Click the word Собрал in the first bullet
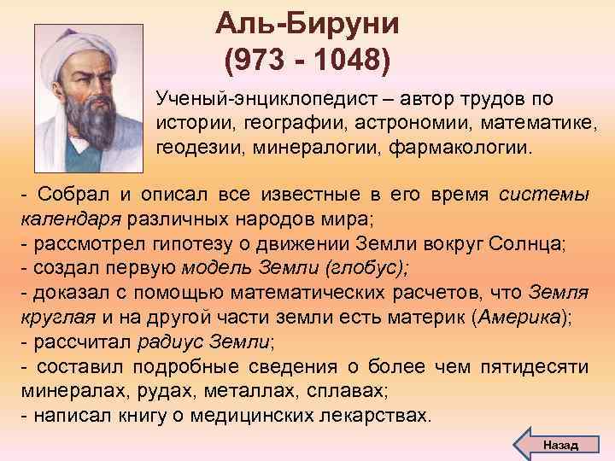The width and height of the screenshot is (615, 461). click(x=65, y=195)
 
